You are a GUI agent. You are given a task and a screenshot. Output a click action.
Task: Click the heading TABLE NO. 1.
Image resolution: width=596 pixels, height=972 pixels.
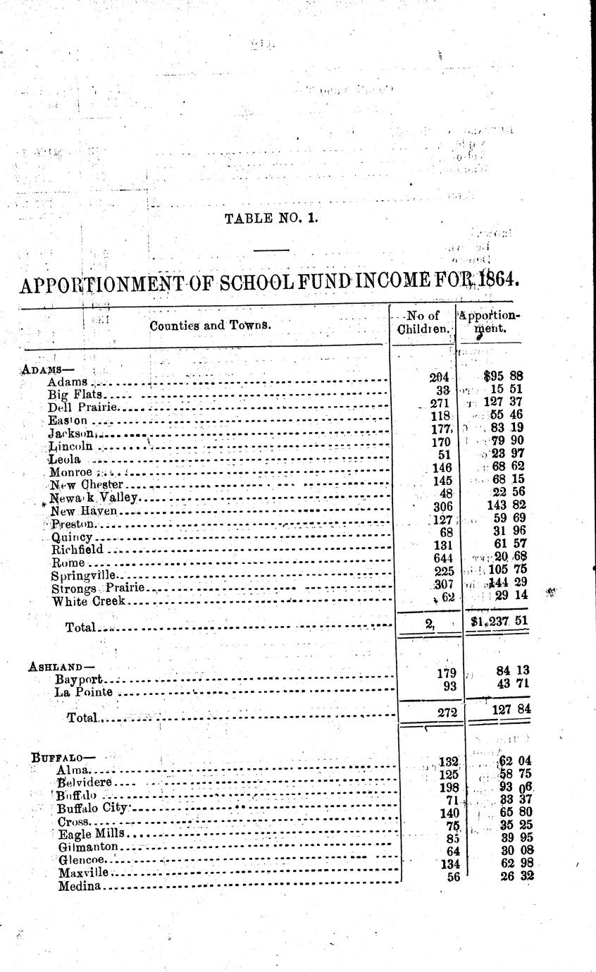pyautogui.click(x=271, y=219)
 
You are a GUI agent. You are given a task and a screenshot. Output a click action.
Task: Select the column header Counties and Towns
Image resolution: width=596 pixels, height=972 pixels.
pyautogui.click(x=210, y=326)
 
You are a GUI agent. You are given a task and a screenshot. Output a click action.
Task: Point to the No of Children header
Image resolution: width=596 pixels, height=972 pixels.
pyautogui.click(x=423, y=323)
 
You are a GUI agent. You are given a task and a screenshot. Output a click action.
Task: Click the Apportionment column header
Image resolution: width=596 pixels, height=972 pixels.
pyautogui.click(x=490, y=323)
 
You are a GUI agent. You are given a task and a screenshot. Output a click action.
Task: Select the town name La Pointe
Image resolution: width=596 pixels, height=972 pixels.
pyautogui.click(x=84, y=693)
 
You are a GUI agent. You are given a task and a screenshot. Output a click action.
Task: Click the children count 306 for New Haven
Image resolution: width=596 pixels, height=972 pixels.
pyautogui.click(x=440, y=505)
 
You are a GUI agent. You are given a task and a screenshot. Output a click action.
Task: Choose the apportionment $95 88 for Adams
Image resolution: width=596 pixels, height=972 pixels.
pyautogui.click(x=503, y=376)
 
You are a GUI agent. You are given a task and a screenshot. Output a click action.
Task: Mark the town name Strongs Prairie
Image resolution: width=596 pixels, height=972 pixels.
pyautogui.click(x=98, y=588)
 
